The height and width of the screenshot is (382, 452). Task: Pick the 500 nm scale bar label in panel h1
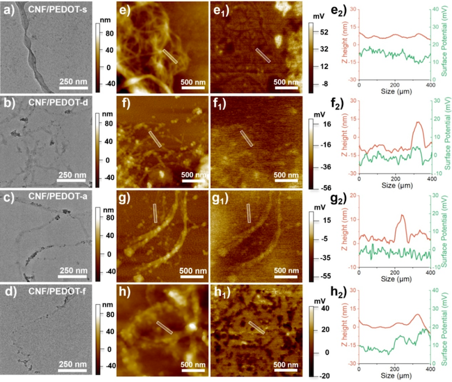pos(287,364)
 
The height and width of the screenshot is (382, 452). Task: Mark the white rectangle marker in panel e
pos(170,57)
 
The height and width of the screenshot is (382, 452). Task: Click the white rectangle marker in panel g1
pos(248,213)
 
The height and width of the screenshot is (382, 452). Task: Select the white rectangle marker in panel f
pos(155,139)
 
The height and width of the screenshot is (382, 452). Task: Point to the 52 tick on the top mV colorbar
pos(324,31)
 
